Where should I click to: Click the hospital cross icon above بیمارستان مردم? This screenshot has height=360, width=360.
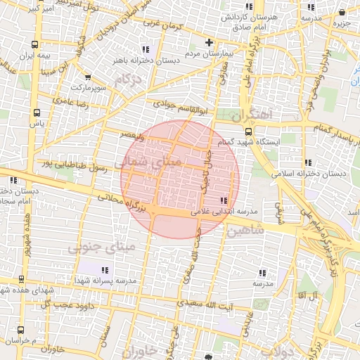coord(209,43)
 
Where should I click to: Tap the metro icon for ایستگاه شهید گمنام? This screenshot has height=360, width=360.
coord(248,131)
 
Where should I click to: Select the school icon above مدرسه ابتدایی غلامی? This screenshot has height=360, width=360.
coord(224,201)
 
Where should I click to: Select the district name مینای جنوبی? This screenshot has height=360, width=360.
coord(98,247)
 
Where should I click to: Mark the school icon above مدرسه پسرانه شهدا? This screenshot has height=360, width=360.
coord(105,270)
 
